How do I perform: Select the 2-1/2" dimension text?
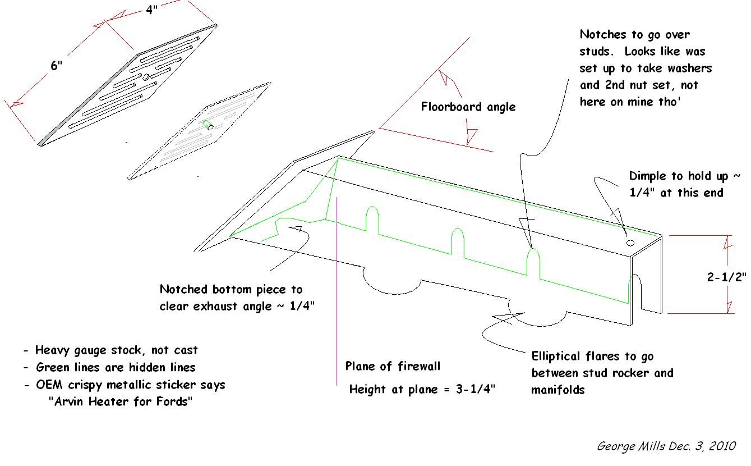(726, 276)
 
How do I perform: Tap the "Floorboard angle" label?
(468, 107)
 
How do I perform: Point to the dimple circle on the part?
(630, 243)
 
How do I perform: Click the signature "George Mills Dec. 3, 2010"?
(666, 446)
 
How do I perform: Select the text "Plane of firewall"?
(393, 367)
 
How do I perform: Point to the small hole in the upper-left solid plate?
(145, 77)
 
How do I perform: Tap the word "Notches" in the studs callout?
(603, 35)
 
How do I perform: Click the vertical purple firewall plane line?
(337, 281)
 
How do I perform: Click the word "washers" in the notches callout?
(689, 68)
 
